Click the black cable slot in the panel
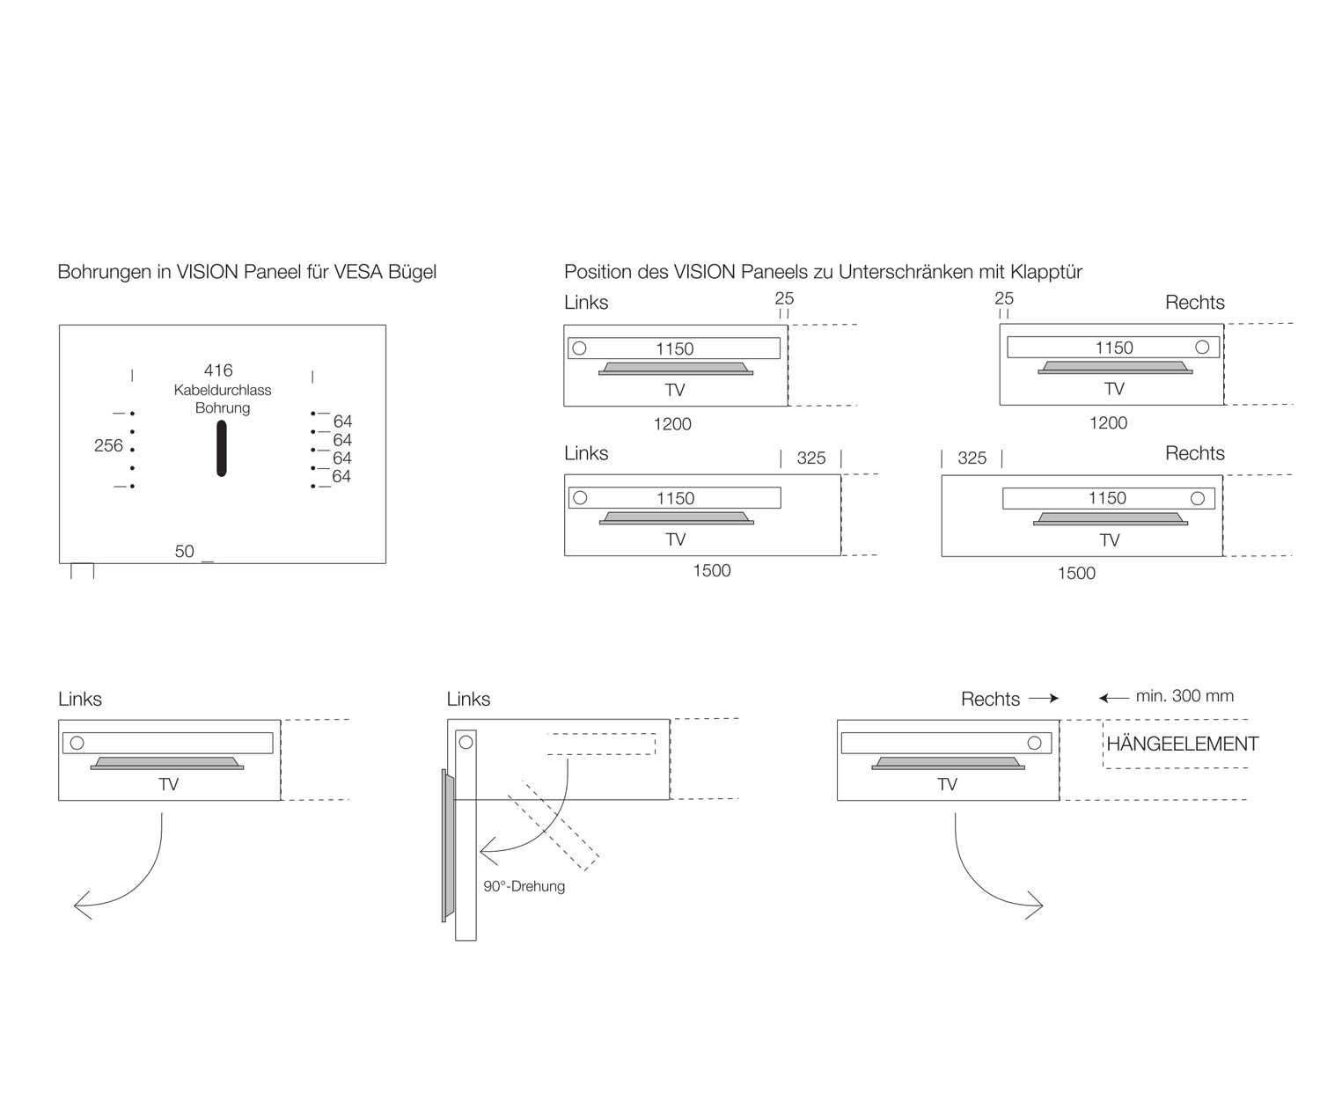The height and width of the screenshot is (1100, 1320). point(222,448)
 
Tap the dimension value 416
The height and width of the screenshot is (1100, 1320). point(218,370)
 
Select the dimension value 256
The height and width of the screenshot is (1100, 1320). point(108,446)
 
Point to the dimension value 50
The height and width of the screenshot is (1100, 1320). point(184,552)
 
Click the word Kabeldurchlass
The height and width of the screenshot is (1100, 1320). point(223,390)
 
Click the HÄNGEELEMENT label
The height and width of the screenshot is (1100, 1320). point(1182,744)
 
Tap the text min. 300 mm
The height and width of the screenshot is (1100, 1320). point(1184,696)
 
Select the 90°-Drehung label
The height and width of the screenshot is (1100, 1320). point(524,886)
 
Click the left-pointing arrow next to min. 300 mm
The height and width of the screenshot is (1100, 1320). point(1113,699)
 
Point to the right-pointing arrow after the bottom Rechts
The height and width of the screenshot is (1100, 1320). point(1044,699)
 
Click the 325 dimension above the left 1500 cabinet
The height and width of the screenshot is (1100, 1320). point(810,458)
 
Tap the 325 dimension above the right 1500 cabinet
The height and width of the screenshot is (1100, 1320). point(972,458)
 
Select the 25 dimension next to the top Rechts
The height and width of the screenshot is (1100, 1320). point(1004,298)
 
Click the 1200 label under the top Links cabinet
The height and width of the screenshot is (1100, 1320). point(672,424)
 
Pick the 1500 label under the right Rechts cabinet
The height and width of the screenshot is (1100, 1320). point(1076,574)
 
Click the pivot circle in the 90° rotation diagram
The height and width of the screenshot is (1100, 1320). point(466,742)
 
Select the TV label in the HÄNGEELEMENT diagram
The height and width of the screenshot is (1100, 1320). point(947,785)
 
